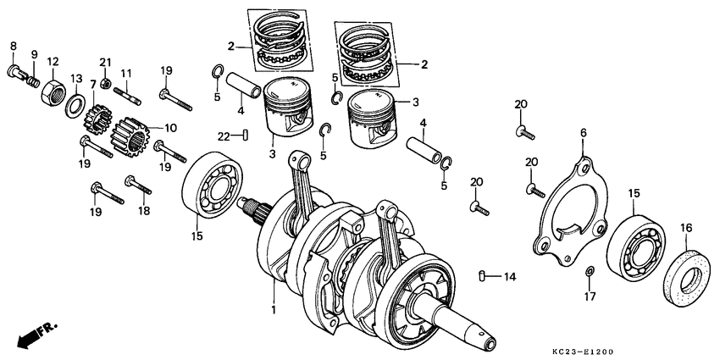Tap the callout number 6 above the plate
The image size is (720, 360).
pos(583,133)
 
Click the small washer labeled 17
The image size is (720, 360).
pos(590,272)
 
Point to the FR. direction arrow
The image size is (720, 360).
pos(30,335)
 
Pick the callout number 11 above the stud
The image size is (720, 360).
pos(125,74)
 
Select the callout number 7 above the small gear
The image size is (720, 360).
pos(93,85)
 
